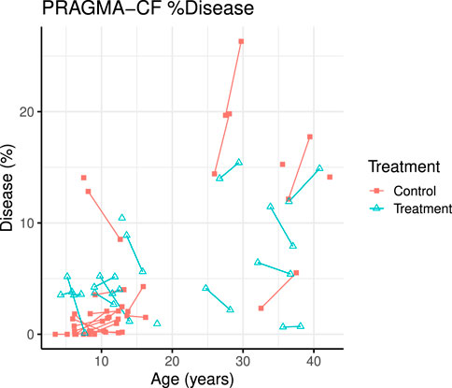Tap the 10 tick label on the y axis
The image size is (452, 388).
pyautogui.click(x=29, y=223)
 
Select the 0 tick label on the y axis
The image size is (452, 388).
pyautogui.click(x=33, y=334)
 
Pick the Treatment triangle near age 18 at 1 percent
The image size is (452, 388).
pyautogui.click(x=157, y=323)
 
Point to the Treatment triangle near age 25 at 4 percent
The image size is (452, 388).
pyautogui.click(x=206, y=288)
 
